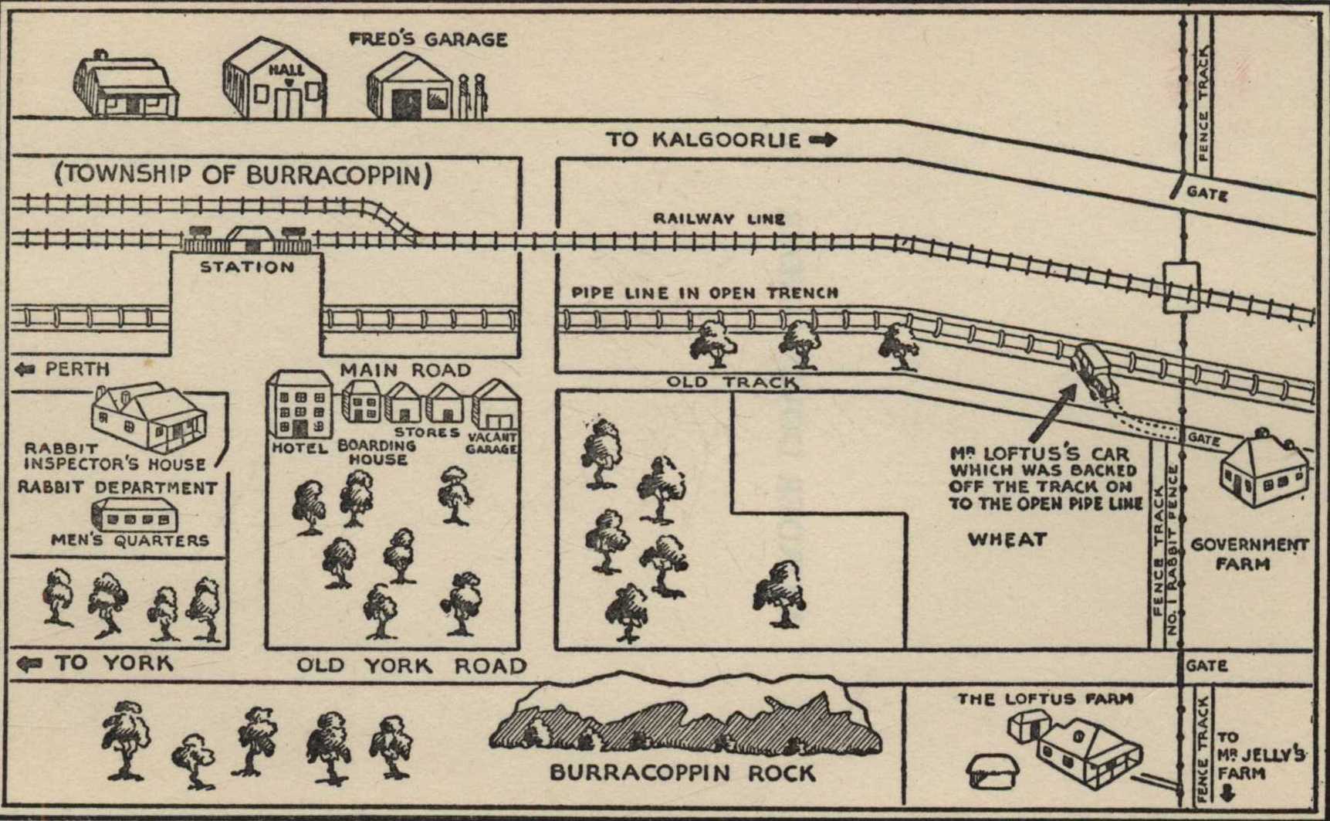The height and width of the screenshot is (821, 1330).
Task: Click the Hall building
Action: (276, 81)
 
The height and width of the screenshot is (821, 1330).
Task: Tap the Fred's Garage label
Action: (428, 39)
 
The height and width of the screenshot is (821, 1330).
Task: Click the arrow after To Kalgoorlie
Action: (823, 140)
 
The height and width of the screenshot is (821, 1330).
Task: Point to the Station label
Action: (247, 267)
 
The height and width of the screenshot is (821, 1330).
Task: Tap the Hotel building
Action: (300, 404)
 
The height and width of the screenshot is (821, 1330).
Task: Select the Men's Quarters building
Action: (135, 514)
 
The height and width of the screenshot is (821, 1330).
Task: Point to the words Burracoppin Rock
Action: (682, 773)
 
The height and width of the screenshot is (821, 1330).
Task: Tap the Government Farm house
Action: (1263, 470)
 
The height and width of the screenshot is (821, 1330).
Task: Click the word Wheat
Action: (1007, 539)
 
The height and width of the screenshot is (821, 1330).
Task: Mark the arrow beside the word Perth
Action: (25, 369)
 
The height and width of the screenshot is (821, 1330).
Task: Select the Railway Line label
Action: (719, 219)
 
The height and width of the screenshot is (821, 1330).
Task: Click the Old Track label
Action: (731, 382)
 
